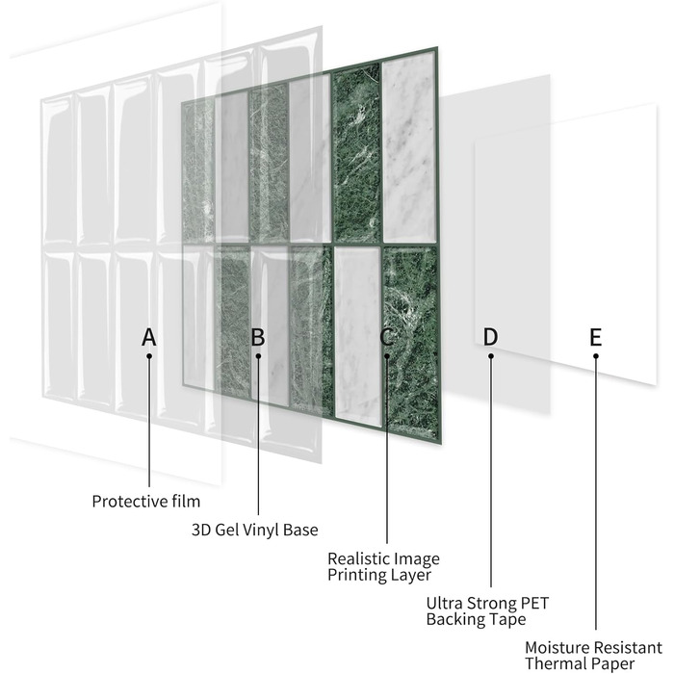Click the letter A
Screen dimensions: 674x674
(x=148, y=337)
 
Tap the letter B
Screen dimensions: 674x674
(x=257, y=337)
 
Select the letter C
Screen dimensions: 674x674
(x=386, y=337)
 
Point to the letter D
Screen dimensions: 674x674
(x=490, y=337)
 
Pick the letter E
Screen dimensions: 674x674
(x=595, y=337)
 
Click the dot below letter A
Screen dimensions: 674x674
(x=149, y=356)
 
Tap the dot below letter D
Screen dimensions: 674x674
(x=491, y=356)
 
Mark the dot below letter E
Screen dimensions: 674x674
(x=596, y=356)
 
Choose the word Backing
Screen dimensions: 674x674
(x=454, y=620)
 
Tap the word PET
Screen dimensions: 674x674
(x=534, y=603)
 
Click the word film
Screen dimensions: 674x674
(x=186, y=502)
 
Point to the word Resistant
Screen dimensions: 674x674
(x=628, y=647)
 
